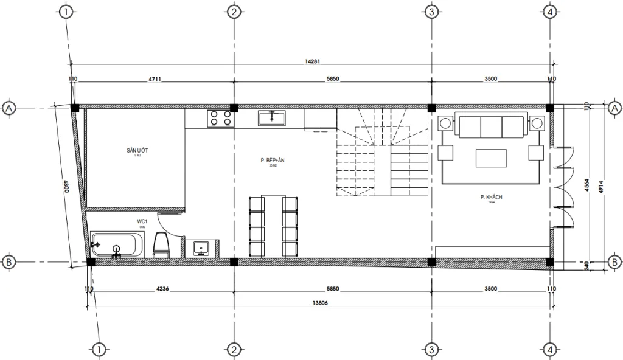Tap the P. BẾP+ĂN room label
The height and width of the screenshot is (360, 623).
pyautogui.click(x=269, y=161)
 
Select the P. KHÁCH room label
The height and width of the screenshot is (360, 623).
pyautogui.click(x=490, y=198)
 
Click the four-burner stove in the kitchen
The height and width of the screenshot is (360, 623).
pyautogui.click(x=221, y=117)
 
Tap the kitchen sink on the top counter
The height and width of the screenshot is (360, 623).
pyautogui.click(x=272, y=117)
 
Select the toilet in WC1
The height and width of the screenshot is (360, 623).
pyautogui.click(x=161, y=244)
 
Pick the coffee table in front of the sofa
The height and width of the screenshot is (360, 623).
pyautogui.click(x=490, y=158)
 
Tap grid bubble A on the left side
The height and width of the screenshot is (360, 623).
pyautogui.click(x=9, y=108)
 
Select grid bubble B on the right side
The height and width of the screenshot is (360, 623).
pyautogui.click(x=614, y=262)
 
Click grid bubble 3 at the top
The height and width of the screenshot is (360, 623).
pyautogui.click(x=431, y=12)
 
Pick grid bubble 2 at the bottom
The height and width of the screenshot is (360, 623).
pyautogui.click(x=234, y=350)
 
